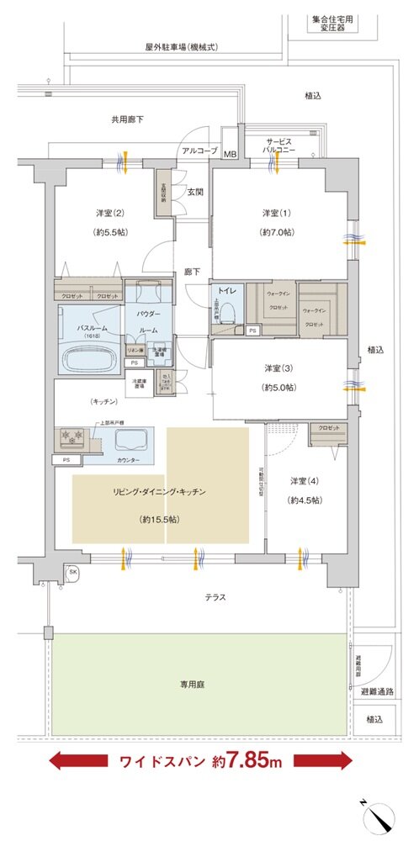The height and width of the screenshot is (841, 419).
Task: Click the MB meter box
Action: (x=230, y=154)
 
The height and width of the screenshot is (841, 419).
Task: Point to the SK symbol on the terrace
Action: (x=73, y=573)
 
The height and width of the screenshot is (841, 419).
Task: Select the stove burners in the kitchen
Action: (x=72, y=437)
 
